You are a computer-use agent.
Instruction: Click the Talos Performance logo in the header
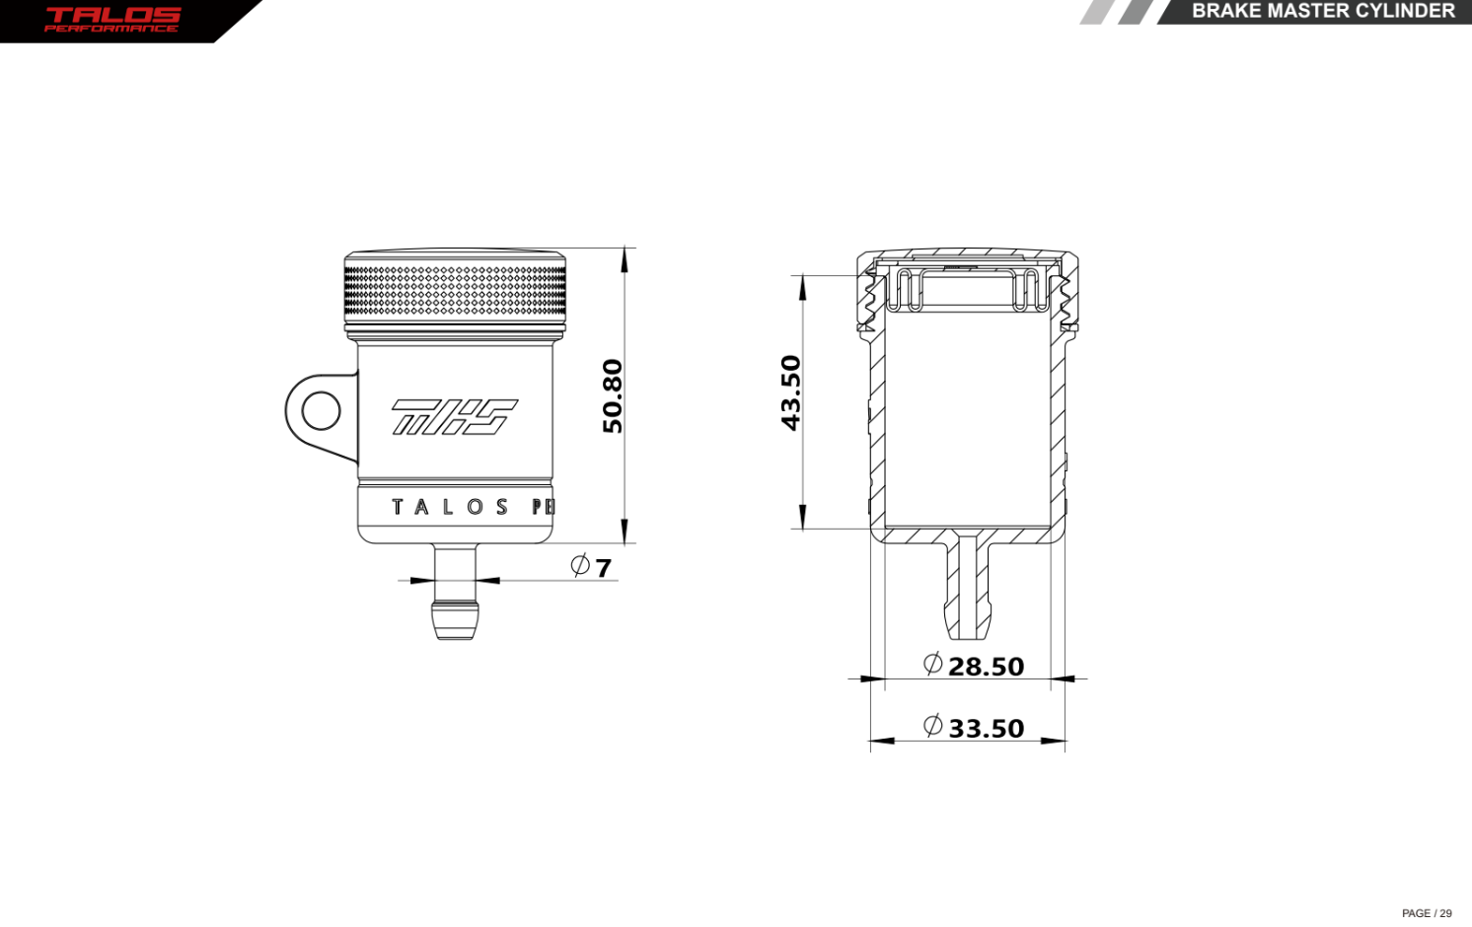point(112,19)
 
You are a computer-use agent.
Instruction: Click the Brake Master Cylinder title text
point(1322,11)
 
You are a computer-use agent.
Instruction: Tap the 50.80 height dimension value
point(613,395)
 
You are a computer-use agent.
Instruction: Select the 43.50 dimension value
point(791,392)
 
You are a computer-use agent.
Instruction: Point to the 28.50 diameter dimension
point(986,667)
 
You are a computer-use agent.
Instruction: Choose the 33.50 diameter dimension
point(986,729)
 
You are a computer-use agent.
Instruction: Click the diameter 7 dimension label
point(603,568)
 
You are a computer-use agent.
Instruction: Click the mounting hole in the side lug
point(321,410)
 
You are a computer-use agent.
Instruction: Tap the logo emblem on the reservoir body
point(454,416)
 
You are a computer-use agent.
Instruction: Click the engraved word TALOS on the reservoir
point(450,507)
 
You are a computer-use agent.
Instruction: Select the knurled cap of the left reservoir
point(455,290)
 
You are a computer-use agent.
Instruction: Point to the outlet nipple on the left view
point(455,597)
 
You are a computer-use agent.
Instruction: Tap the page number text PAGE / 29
point(1426,913)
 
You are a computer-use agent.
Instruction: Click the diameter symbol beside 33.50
point(932,726)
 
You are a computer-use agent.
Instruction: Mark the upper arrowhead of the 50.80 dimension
point(625,259)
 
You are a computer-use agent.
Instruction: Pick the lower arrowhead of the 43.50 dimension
point(803,518)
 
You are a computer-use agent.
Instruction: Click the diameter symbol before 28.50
point(932,664)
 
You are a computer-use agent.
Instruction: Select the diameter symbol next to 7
point(580,565)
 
